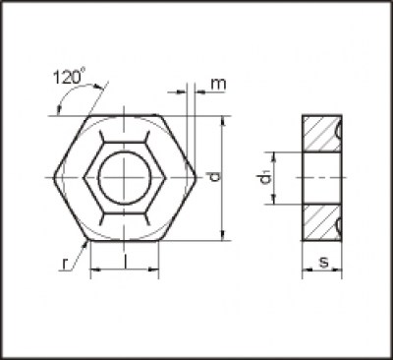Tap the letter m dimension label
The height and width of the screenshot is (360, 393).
coord(218,85)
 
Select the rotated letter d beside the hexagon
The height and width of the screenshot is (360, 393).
coord(215,177)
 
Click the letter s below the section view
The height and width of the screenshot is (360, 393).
coord(323,262)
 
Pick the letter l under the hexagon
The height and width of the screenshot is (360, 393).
coord(126,261)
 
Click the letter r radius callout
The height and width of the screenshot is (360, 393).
coord(65,265)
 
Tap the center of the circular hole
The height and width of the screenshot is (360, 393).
coord(124,177)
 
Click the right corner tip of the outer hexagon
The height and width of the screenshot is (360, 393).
coord(196,177)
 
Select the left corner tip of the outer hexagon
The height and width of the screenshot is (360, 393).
coord(54,177)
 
